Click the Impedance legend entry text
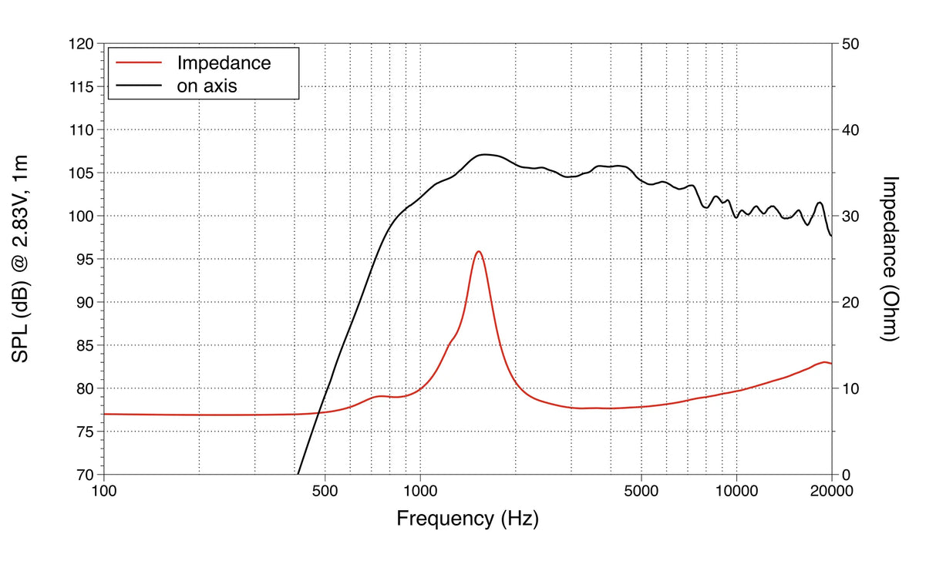pyautogui.click(x=224, y=62)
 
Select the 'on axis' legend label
pyautogui.click(x=207, y=86)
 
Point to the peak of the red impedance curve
pyautogui.click(x=479, y=251)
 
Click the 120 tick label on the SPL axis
pyautogui.click(x=80, y=45)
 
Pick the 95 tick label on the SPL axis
pyautogui.click(x=84, y=259)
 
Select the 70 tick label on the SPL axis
pyautogui.click(x=84, y=475)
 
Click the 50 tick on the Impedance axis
pyautogui.click(x=851, y=45)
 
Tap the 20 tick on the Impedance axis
pyautogui.click(x=851, y=302)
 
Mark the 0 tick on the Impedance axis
pyautogui.click(x=847, y=475)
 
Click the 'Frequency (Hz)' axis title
pyautogui.click(x=467, y=518)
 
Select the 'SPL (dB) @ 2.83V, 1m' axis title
pyautogui.click(x=21, y=259)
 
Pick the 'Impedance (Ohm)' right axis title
pyautogui.click(x=891, y=259)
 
